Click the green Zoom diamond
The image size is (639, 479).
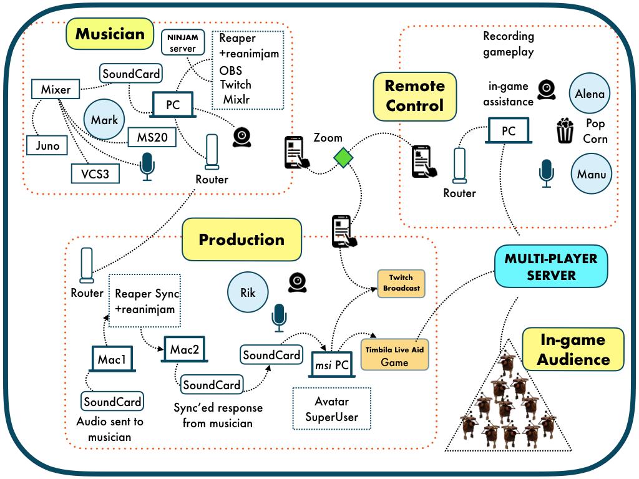coord(343,158)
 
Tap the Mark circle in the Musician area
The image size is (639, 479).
coord(104,120)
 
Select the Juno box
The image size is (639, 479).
coord(47,146)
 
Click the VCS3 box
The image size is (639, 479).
coord(94,173)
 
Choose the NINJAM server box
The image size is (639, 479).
coord(182,43)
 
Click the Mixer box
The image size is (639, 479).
coord(56,90)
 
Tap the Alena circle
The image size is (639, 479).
coord(590,94)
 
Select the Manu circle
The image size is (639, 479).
coord(591,174)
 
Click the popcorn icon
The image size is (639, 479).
coord(565,131)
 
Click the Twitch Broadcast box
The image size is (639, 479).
coord(402,284)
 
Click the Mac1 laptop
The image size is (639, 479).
coord(112,360)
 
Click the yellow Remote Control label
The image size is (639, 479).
coord(414,95)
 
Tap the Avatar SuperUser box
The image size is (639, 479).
coord(331,409)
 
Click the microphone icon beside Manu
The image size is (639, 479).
coord(547,172)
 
